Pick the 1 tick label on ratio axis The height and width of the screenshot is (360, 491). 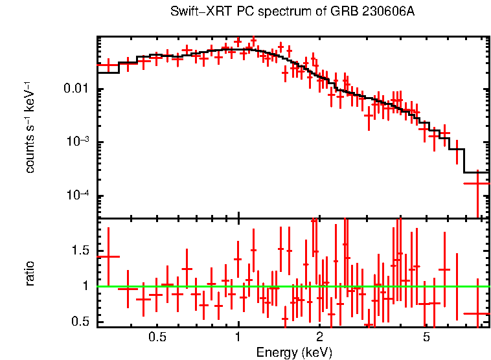[x=87, y=286]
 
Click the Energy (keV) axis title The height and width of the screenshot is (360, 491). [x=294, y=352]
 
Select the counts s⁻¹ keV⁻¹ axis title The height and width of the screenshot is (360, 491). [x=30, y=129]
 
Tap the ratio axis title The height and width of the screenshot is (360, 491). [x=30, y=273]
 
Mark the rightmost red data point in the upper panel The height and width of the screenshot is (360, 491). [x=477, y=183]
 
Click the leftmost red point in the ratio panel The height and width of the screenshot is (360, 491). [x=108, y=256]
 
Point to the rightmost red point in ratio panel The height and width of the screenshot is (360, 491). [x=477, y=313]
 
